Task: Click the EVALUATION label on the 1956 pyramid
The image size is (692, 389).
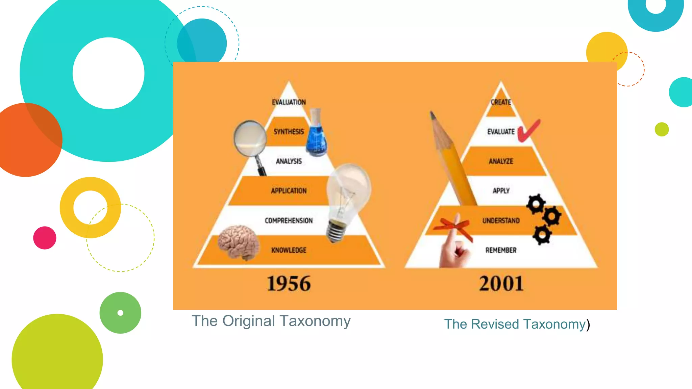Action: (289, 102)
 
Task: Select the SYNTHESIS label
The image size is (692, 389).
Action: (289, 132)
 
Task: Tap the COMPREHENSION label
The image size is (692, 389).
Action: (289, 221)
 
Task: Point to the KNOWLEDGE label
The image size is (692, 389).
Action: (289, 250)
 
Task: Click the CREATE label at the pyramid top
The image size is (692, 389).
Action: (501, 102)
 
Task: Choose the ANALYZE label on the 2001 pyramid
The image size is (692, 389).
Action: (501, 161)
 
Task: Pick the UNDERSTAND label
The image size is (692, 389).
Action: (501, 221)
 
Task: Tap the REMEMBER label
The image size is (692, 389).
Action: (501, 250)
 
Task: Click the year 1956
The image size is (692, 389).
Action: (289, 283)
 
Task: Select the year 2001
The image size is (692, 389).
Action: (501, 283)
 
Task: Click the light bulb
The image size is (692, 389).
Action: (348, 196)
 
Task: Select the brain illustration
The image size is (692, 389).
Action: (239, 242)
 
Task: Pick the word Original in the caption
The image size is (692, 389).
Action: (249, 321)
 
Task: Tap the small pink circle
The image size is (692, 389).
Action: (45, 238)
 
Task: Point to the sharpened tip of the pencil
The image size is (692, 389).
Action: (432, 115)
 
